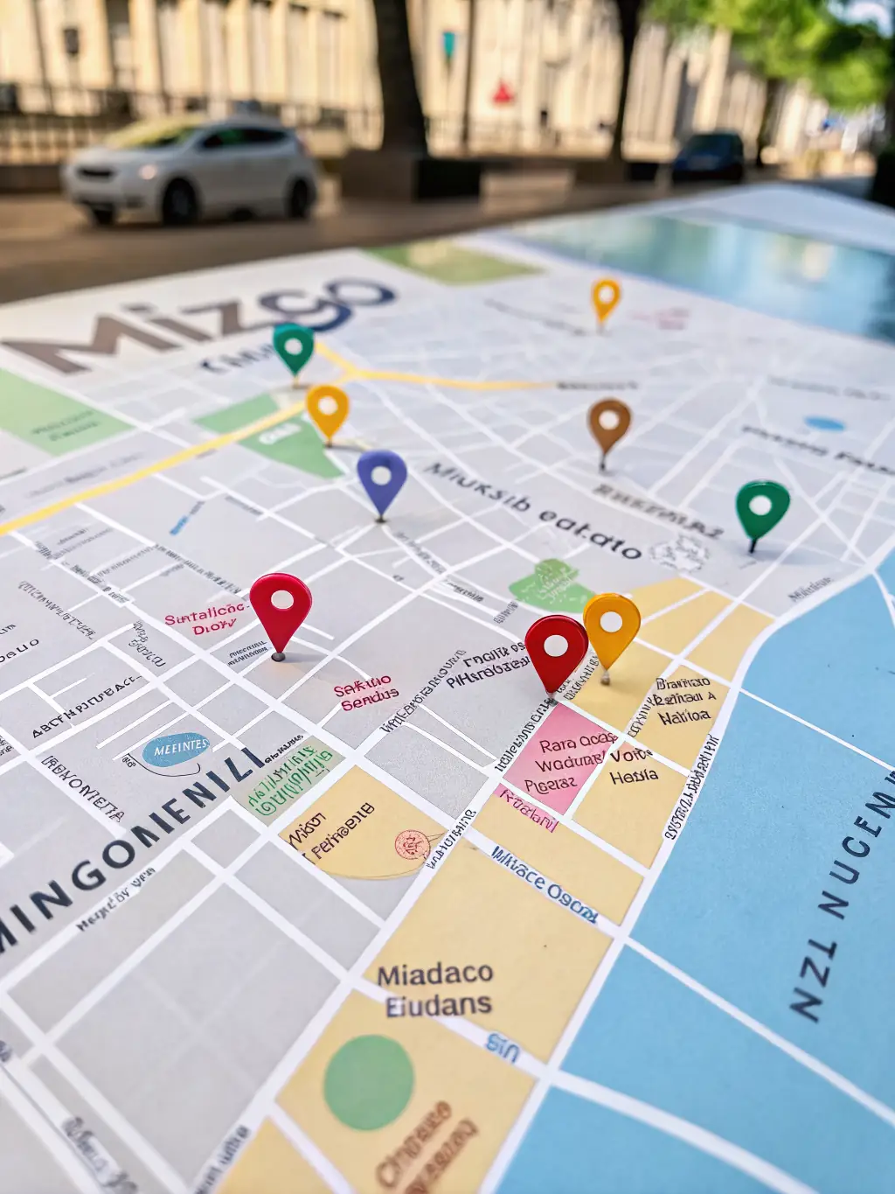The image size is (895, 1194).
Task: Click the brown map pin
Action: pos(609,422)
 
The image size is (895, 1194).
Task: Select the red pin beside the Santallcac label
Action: pos(281,601)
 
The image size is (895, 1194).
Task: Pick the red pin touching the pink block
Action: pos(556,646)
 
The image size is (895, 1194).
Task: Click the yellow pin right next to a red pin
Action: pos(611,623)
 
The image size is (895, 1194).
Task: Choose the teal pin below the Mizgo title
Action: pos(294,346)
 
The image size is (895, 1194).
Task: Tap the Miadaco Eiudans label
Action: pos(436,989)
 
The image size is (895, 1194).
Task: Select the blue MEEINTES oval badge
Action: pos(177,750)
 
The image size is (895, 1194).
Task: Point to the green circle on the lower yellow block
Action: pos(368,1082)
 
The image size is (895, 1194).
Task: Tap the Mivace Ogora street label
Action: pos(544,883)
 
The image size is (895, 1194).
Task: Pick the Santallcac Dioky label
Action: pos(207,619)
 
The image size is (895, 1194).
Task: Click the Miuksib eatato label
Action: pos(533,510)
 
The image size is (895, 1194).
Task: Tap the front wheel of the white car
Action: pos(180,203)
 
